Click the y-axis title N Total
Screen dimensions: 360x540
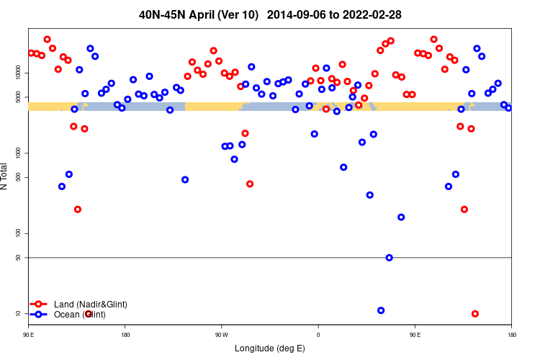point(6,176)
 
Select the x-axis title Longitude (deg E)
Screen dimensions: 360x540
point(270,349)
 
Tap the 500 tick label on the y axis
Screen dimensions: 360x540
point(22,177)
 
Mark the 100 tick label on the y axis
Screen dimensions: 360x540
point(22,233)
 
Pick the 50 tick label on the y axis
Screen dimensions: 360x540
point(22,257)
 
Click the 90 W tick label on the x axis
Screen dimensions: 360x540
point(221,335)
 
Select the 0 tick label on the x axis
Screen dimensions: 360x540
point(318,335)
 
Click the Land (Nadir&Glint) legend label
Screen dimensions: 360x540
point(90,305)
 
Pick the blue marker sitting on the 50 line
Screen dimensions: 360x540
point(390,258)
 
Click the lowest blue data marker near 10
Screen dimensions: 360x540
point(381,310)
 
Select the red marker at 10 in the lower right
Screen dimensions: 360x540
point(475,314)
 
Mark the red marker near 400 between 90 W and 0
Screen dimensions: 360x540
point(250,184)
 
